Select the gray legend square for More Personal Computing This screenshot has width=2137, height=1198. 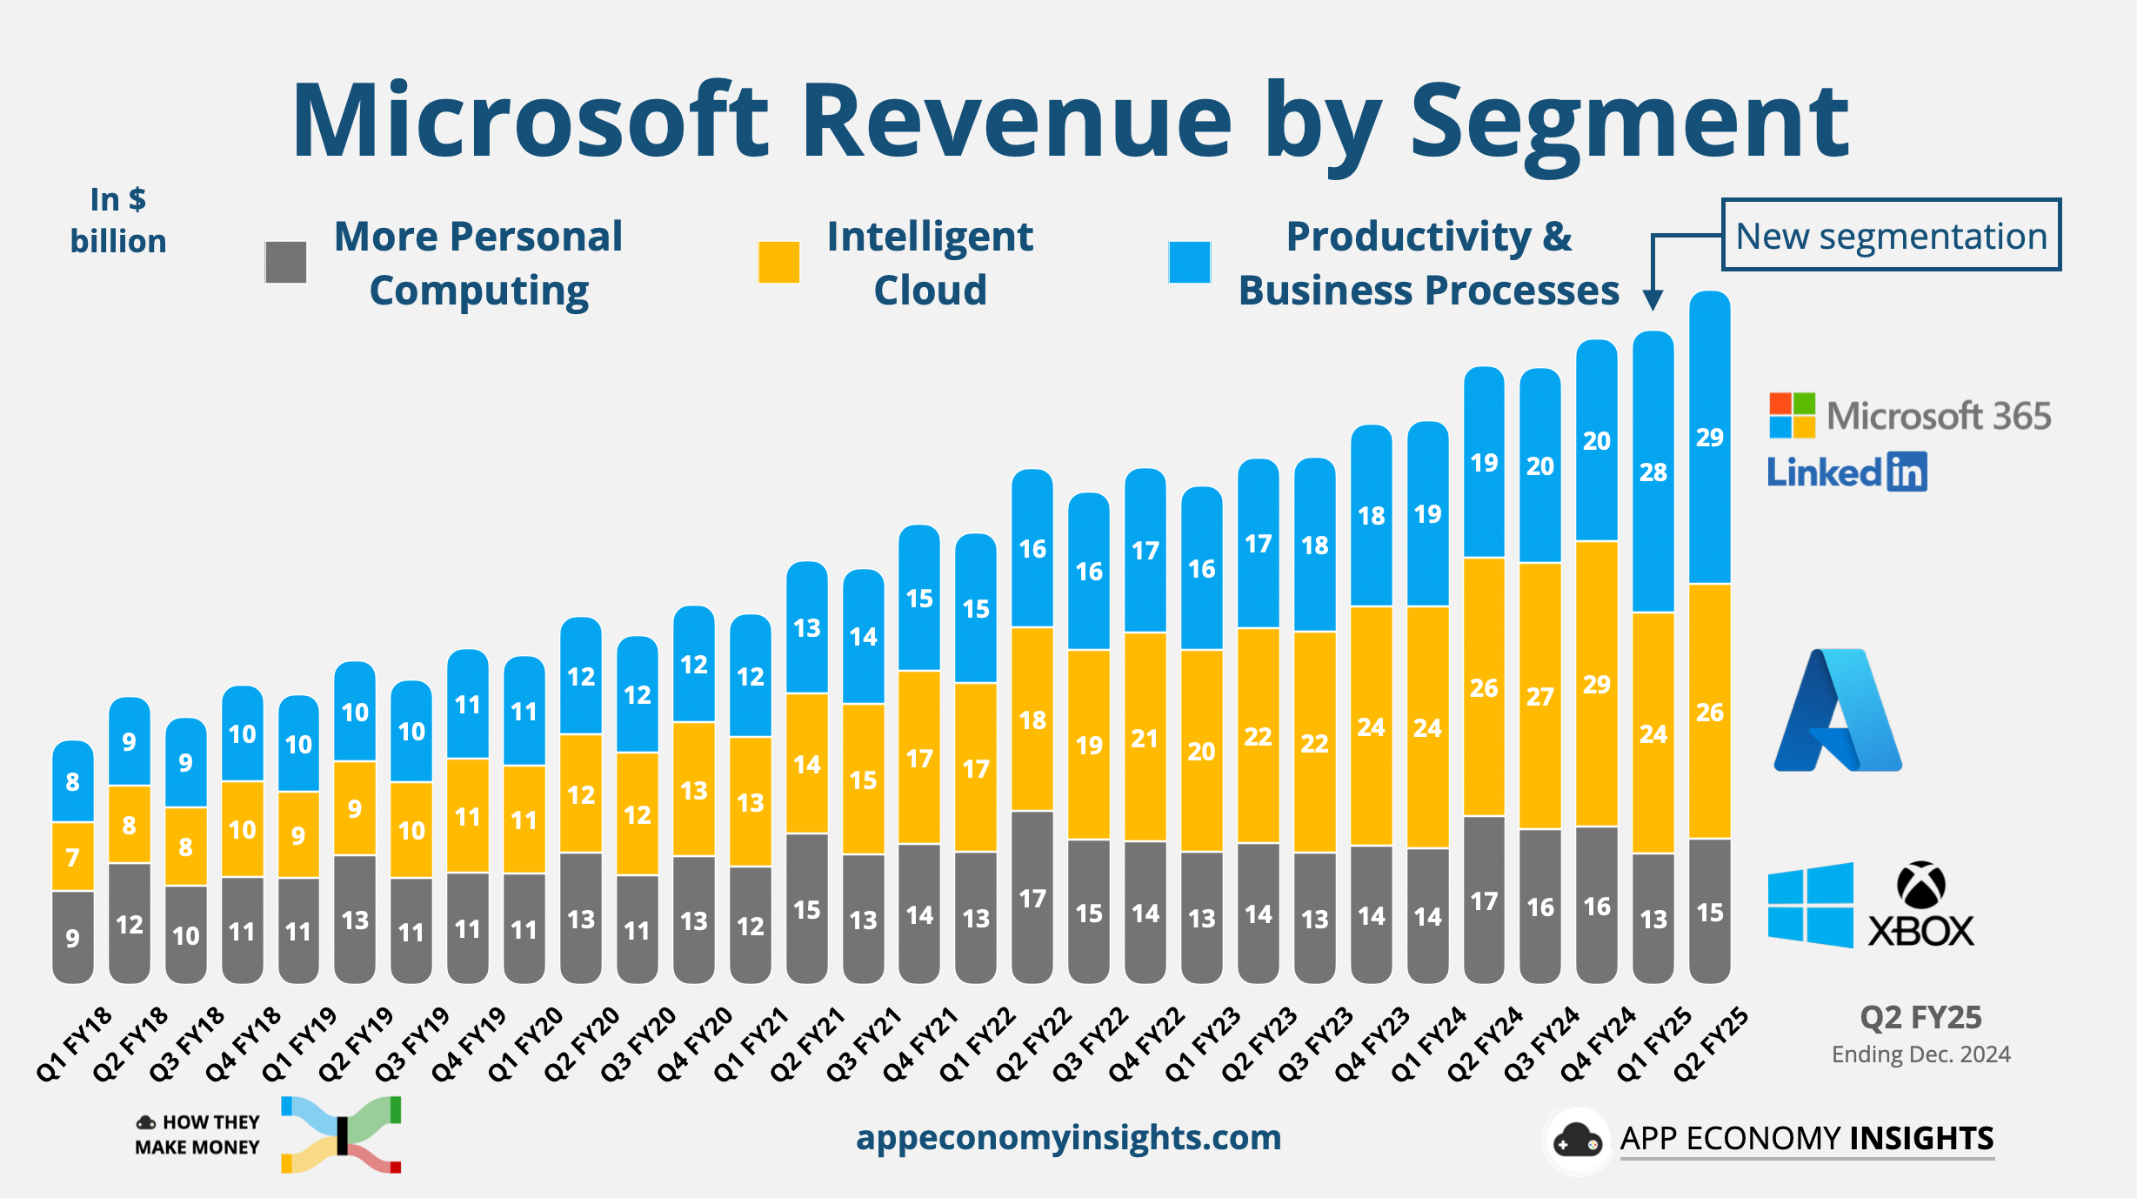point(286,263)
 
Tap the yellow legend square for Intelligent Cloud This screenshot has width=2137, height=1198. point(778,263)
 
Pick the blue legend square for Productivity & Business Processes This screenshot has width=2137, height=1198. point(1189,263)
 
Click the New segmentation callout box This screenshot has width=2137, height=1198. point(1891,236)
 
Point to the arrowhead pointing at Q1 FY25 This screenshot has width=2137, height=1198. point(1653,300)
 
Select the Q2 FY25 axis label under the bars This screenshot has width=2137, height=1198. point(1711,1044)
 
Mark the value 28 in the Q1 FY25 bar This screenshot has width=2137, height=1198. point(1653,472)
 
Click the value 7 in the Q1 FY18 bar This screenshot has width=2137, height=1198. point(73,857)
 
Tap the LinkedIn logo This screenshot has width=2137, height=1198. point(1847,472)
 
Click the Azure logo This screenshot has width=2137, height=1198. point(1837,712)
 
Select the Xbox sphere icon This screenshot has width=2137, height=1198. point(1920,886)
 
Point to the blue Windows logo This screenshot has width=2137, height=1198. point(1810,905)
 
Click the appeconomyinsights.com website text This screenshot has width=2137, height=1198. point(1068,1138)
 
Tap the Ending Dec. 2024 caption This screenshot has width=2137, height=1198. point(1920,1054)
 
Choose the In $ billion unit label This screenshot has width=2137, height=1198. point(118,221)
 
